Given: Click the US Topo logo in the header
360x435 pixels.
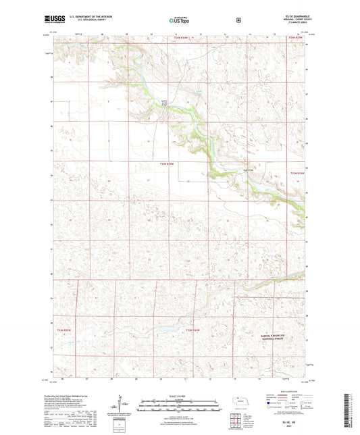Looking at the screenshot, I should pos(179,20).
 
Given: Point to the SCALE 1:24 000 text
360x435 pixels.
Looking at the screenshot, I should pos(180,394).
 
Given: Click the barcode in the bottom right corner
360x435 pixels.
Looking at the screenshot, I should pos(352,413).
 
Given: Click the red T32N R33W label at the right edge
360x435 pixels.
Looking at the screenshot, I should pos(297,174).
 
